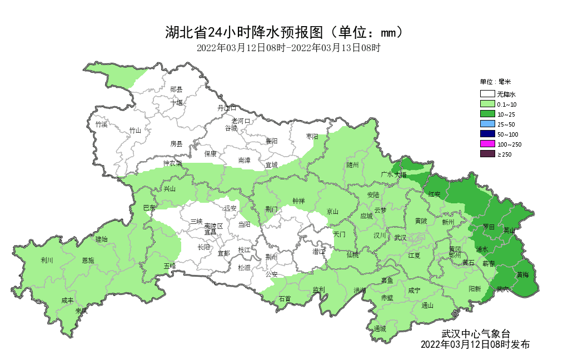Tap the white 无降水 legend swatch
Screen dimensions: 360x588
(487, 94)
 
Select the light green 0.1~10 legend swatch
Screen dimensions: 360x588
(487, 104)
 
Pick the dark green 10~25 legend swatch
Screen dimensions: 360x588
(487, 114)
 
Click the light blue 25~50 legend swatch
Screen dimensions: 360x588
(487, 124)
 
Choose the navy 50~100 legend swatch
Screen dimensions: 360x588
(487, 134)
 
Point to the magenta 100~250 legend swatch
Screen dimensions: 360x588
(487, 144)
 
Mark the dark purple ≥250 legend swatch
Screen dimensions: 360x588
(487, 154)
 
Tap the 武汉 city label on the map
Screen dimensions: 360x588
(400, 238)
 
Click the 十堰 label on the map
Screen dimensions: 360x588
(176, 102)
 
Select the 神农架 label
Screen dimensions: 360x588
(172, 163)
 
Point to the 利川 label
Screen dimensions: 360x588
(47, 259)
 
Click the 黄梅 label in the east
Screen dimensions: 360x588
(522, 274)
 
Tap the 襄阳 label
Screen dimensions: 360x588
(271, 141)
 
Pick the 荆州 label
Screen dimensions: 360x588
(271, 257)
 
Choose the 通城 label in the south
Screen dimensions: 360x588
(380, 328)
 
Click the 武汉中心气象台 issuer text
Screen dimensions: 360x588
(475, 334)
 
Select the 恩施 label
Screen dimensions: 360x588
(88, 260)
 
